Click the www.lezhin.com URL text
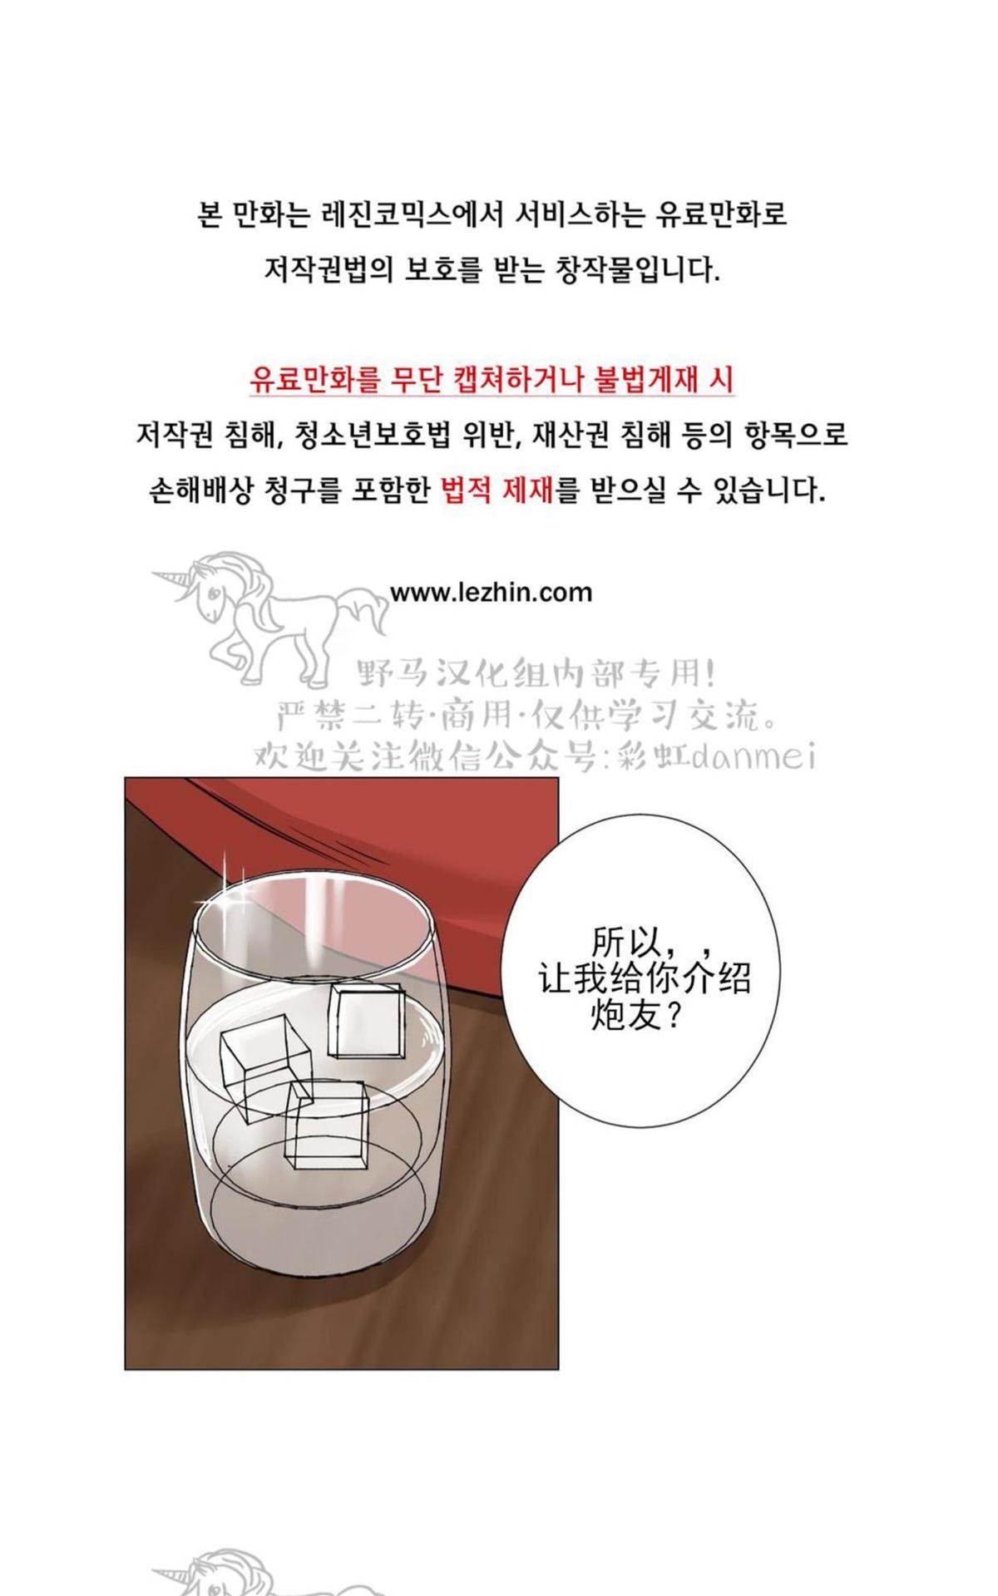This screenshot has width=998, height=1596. tap(492, 593)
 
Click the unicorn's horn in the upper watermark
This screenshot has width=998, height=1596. tap(172, 575)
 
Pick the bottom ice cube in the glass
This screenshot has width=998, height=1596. tap(326, 1122)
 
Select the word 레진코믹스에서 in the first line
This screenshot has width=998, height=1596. tap(411, 215)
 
